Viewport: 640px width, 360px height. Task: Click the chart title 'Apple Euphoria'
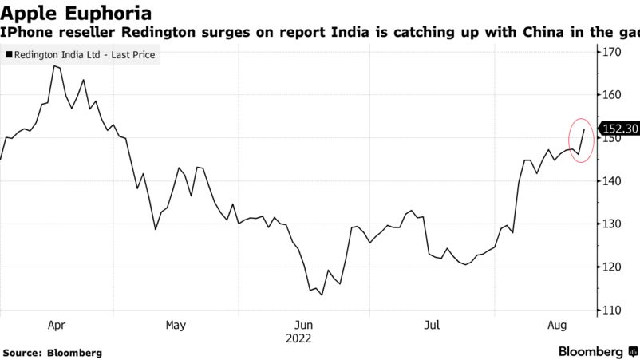click(x=77, y=14)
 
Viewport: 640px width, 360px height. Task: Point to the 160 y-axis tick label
click(x=612, y=95)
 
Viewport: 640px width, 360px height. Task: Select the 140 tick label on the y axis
click(x=612, y=181)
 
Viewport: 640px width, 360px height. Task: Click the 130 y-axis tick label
click(x=612, y=224)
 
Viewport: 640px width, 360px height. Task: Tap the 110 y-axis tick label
click(x=612, y=311)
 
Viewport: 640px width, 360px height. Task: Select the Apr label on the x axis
click(x=57, y=325)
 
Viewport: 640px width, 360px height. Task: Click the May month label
click(x=176, y=325)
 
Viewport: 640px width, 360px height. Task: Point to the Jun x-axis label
click(x=303, y=325)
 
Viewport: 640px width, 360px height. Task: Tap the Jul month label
click(x=432, y=325)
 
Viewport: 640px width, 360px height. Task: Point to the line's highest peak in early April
click(x=53, y=66)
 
